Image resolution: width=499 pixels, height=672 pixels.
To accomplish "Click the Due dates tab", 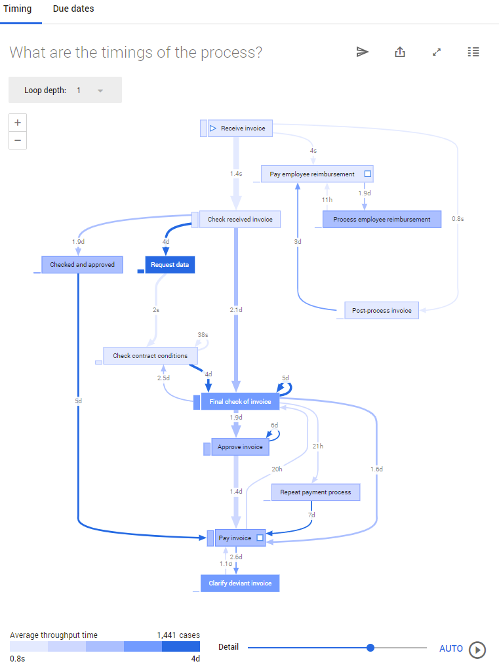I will (x=73, y=9).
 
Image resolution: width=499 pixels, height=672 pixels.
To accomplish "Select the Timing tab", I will (x=17, y=9).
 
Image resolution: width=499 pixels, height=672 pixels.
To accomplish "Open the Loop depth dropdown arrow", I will (x=100, y=90).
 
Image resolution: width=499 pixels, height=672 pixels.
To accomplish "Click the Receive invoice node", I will (x=240, y=128).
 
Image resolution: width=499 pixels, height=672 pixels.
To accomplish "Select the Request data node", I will (x=170, y=265).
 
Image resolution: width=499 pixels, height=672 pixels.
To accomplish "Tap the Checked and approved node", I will (x=82, y=265).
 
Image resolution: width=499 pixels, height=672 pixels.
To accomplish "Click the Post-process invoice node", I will (x=382, y=311).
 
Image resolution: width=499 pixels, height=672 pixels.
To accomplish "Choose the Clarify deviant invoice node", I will (x=240, y=583).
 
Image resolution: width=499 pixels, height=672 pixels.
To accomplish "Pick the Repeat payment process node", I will (x=315, y=492).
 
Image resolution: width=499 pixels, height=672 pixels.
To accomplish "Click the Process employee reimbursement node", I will (x=382, y=220).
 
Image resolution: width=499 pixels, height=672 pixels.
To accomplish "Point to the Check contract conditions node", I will (x=150, y=356).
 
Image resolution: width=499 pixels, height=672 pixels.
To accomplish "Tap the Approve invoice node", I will (x=240, y=447).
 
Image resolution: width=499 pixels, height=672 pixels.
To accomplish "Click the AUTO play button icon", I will (x=478, y=649).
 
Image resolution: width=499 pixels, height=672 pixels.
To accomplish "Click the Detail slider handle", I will (x=370, y=648).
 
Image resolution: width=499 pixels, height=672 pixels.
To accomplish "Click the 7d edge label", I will (x=311, y=515).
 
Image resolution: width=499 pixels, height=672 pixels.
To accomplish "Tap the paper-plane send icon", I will (x=363, y=52).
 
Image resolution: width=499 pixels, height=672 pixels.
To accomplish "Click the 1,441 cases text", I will (x=178, y=635).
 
